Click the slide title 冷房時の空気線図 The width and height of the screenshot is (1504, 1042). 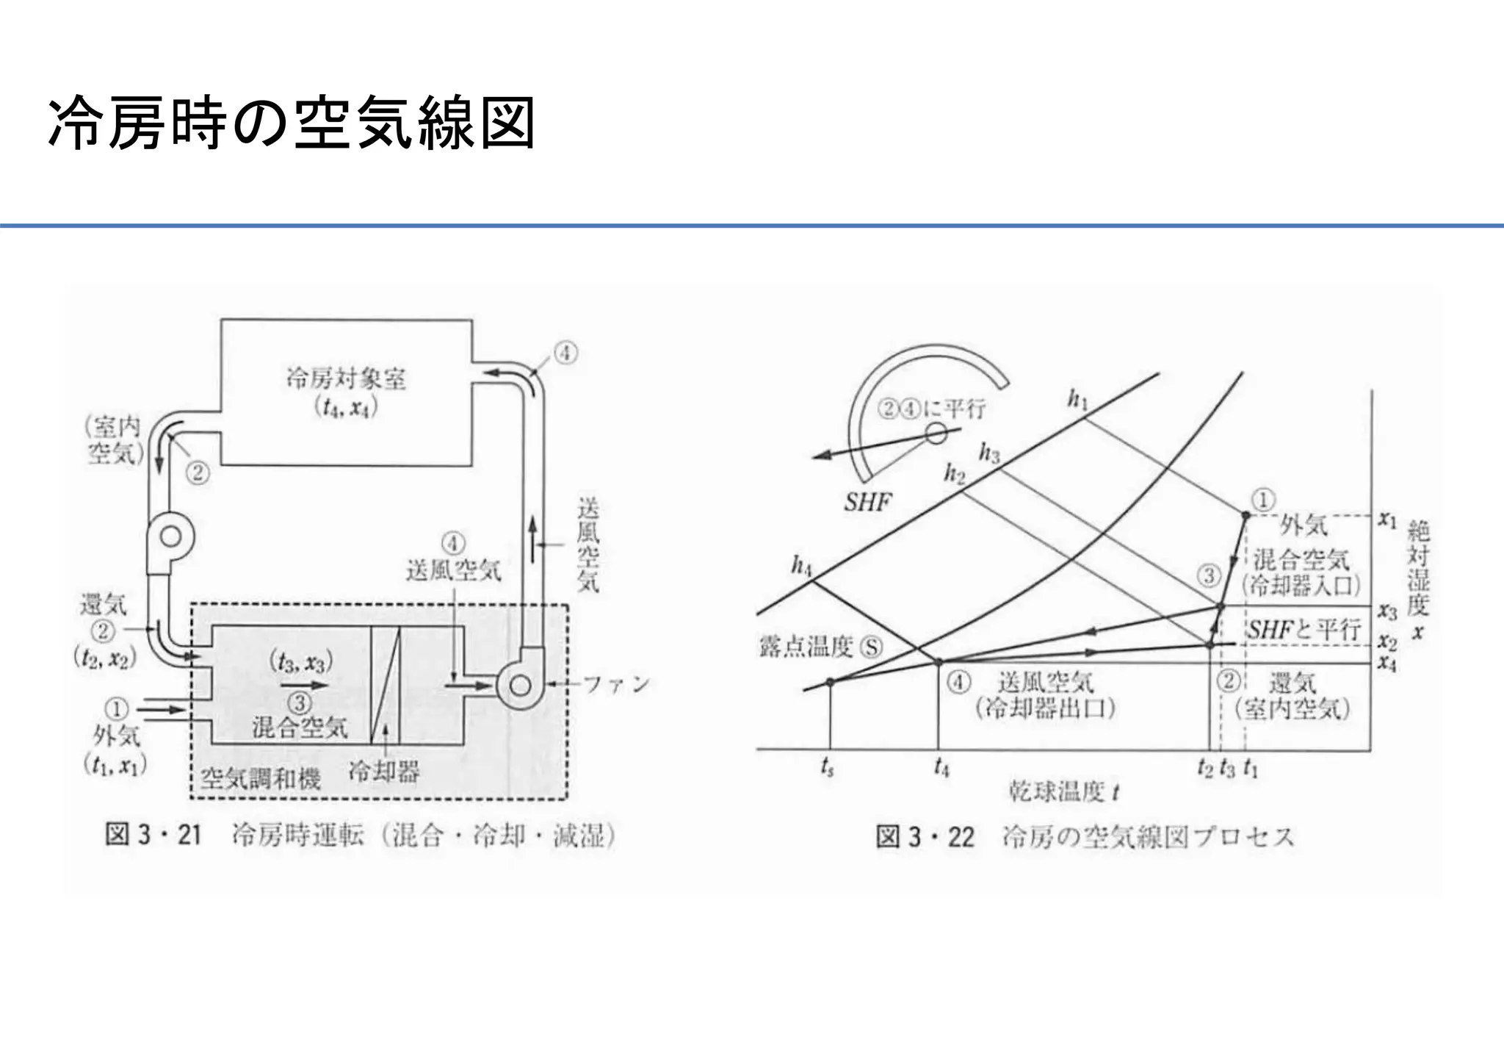point(291,123)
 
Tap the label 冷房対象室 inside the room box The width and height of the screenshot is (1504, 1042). point(345,379)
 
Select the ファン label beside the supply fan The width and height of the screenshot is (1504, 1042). point(616,685)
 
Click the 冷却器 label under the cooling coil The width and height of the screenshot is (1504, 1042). point(384,772)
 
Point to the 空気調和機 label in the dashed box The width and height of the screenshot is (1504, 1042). point(261,778)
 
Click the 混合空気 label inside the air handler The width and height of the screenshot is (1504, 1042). point(300,727)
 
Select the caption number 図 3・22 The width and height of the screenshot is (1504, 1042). point(925,837)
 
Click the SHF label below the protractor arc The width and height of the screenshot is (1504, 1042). point(867,503)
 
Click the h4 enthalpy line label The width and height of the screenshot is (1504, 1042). point(801,566)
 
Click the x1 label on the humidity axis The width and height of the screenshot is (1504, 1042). point(1386,520)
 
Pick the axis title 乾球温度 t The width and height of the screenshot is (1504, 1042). point(1063,792)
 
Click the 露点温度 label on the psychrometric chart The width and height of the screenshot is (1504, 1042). point(806,647)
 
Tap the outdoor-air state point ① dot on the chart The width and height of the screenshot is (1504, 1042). point(1245,516)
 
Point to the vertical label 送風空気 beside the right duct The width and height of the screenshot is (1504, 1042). point(587,545)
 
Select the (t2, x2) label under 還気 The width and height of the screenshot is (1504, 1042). point(105,658)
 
